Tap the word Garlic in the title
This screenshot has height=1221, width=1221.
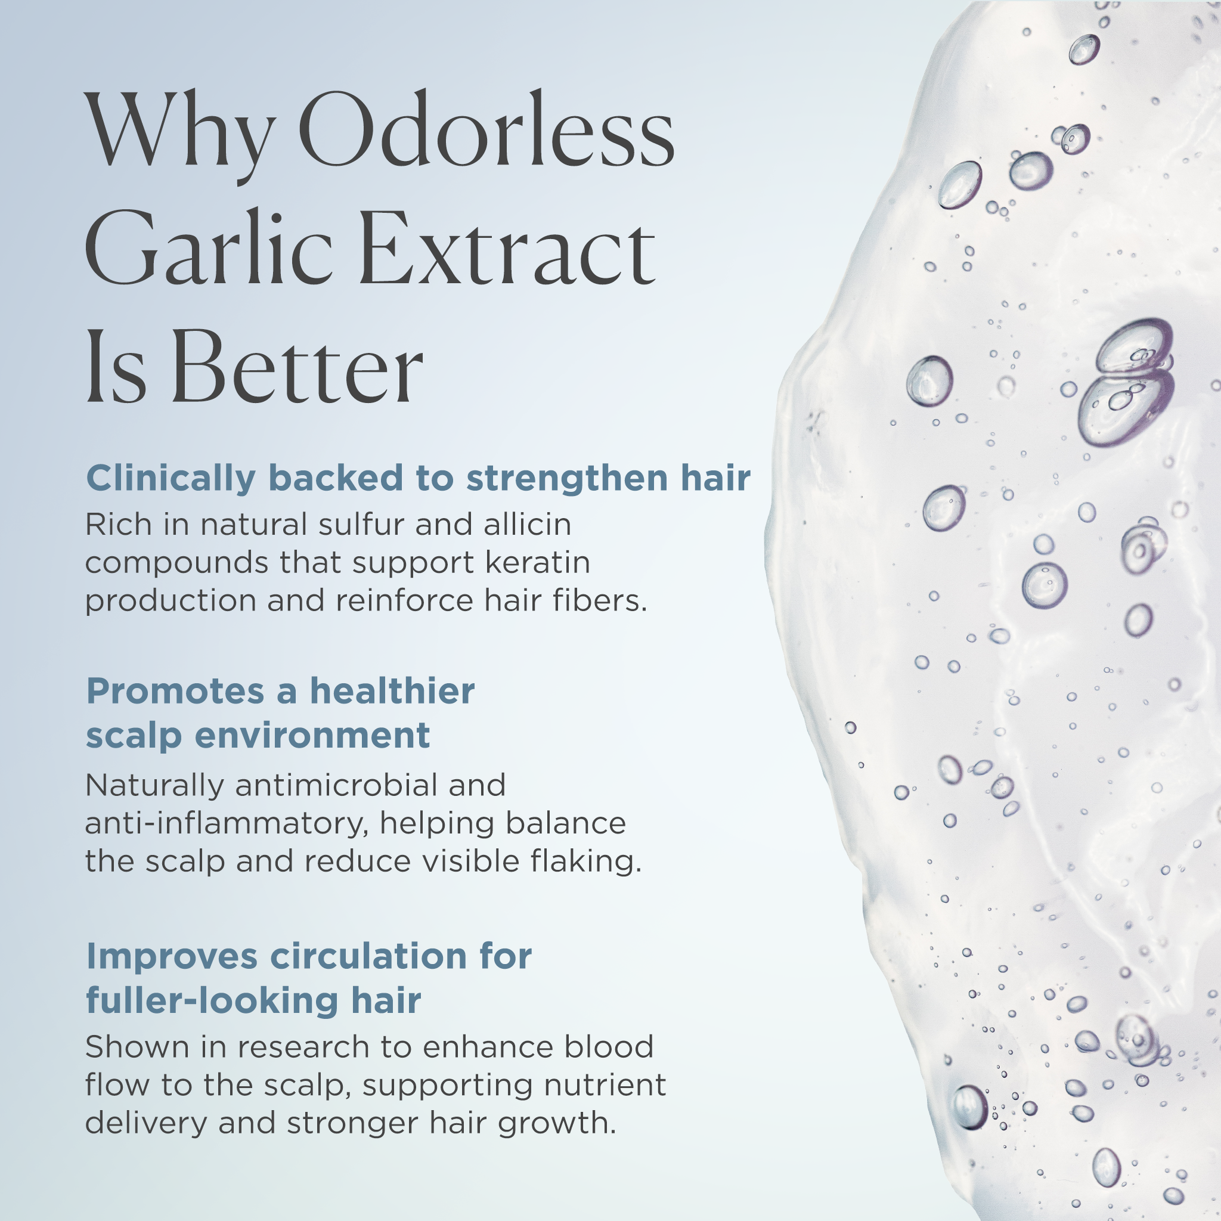209,248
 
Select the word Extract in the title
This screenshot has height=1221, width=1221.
509,248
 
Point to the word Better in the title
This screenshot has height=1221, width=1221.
297,367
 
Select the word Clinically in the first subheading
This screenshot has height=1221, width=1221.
171,478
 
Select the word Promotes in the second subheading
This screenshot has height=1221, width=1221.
175,691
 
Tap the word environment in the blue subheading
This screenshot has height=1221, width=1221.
312,735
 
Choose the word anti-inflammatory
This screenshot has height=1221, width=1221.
226,823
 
